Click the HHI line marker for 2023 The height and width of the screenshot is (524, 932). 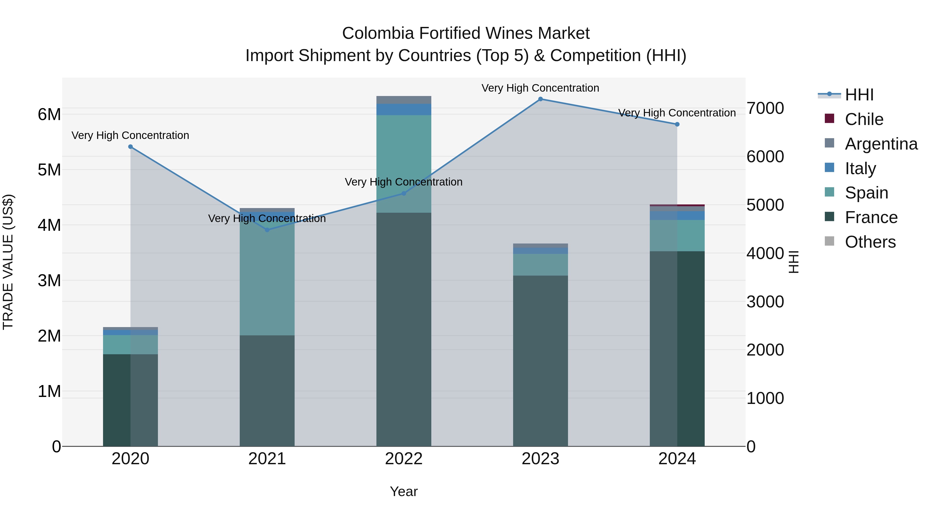[x=541, y=99]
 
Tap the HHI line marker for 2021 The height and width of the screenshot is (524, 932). [x=267, y=230]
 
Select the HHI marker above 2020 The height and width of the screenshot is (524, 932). [x=131, y=147]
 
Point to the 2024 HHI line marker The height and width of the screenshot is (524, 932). [x=677, y=124]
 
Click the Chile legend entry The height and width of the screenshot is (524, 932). [x=864, y=119]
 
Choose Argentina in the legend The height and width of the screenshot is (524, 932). [x=881, y=144]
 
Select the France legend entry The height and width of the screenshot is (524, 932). [x=871, y=217]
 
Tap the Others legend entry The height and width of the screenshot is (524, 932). [x=870, y=242]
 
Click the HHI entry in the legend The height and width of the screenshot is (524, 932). [x=859, y=95]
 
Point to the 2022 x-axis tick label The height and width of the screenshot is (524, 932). [x=404, y=459]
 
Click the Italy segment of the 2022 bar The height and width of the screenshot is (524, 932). [x=404, y=109]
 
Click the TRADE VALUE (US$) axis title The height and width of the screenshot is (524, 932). [x=8, y=262]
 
